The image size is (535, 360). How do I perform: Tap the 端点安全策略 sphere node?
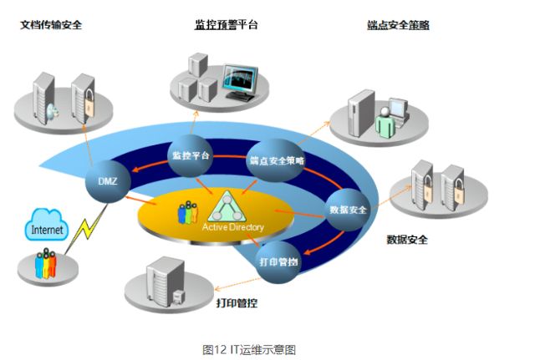(x=277, y=160)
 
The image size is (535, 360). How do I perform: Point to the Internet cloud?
(x=47, y=228)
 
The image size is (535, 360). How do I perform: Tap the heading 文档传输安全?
(x=51, y=25)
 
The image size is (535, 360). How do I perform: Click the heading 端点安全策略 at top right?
(x=398, y=25)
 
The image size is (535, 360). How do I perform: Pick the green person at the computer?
(x=385, y=123)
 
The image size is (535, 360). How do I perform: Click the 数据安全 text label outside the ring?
(x=407, y=240)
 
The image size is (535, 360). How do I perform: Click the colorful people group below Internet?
(x=47, y=265)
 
